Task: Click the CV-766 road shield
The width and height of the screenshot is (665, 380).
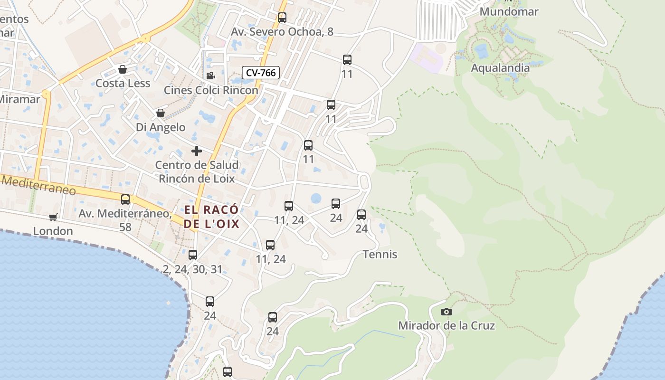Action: coord(261,73)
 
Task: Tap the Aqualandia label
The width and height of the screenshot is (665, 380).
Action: coord(500,68)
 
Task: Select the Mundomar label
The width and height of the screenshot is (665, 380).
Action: coord(509,11)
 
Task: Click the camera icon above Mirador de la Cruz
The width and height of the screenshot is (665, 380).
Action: coord(446,312)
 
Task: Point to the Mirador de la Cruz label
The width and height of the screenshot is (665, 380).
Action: coord(446,326)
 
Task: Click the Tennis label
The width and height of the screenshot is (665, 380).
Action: coord(380,255)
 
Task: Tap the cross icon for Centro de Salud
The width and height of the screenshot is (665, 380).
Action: coord(197,152)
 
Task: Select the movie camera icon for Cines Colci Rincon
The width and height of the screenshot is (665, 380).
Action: coord(210,76)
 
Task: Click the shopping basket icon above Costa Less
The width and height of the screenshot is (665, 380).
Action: coord(123,70)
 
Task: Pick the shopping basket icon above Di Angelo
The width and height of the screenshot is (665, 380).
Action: coord(161,114)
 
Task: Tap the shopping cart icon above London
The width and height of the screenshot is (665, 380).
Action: coord(53,217)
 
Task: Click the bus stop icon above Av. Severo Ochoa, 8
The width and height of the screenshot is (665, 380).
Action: coord(282,18)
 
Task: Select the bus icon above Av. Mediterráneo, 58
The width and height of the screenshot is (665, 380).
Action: coord(125,199)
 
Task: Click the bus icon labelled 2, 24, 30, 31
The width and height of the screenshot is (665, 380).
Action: coord(193,255)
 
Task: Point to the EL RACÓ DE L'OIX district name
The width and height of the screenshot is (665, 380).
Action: coord(211,217)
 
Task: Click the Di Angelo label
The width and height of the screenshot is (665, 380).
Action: coord(161,127)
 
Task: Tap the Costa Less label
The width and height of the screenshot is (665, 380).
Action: coord(123,84)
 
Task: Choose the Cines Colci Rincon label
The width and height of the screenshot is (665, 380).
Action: coord(211,90)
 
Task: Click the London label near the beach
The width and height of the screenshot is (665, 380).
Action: coord(53,231)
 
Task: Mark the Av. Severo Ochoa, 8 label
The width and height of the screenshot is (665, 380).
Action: coord(282,32)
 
